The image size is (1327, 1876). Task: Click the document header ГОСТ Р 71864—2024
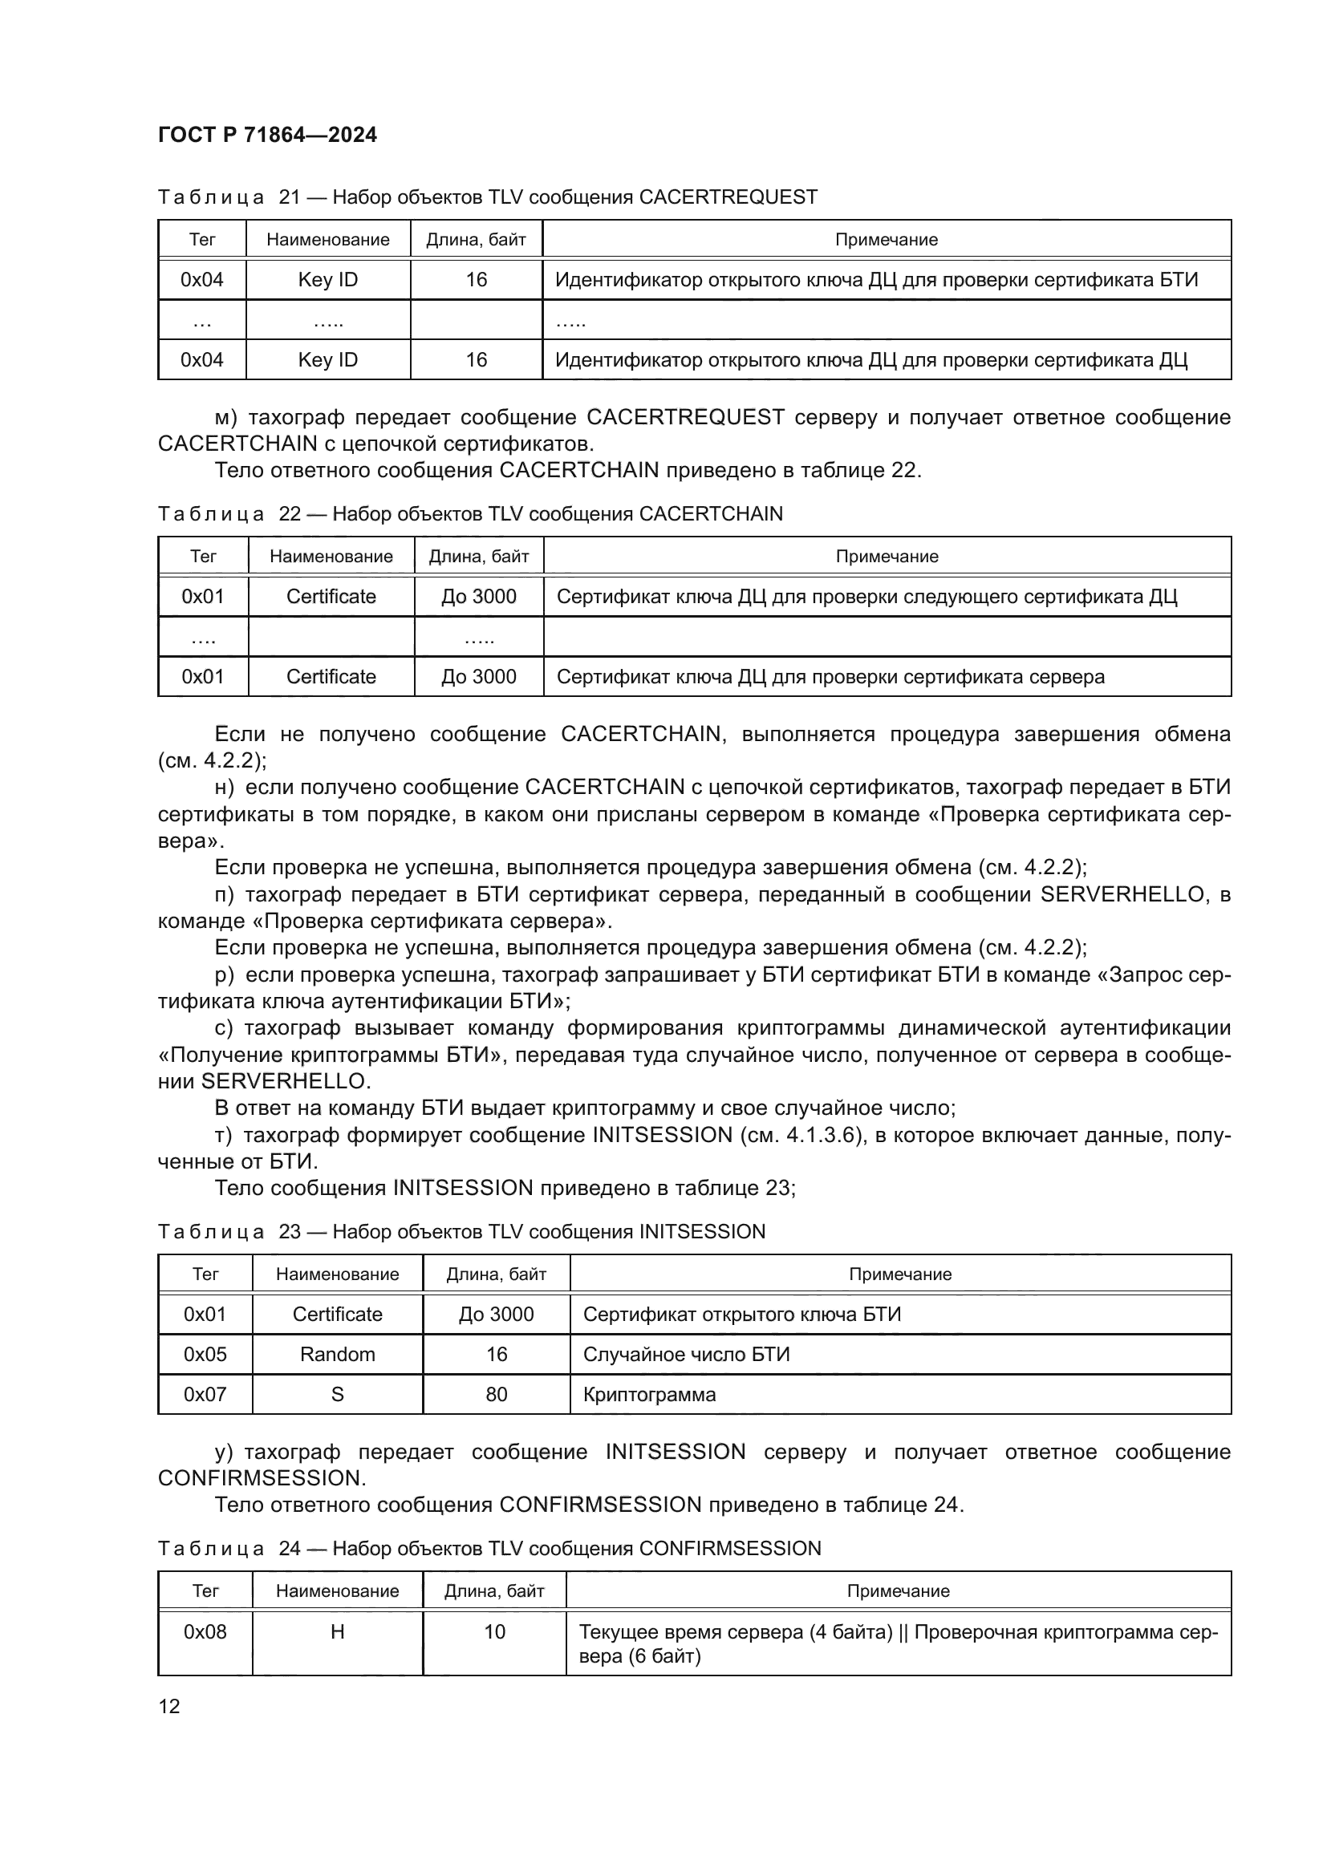(267, 135)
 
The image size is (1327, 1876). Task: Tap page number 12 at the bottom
(169, 1706)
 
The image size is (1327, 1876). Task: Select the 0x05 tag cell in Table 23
(205, 1354)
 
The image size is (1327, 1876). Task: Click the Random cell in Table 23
(337, 1354)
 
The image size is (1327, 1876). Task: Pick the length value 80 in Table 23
(496, 1394)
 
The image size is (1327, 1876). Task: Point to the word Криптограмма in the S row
(649, 1394)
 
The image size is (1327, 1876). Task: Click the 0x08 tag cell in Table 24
(205, 1631)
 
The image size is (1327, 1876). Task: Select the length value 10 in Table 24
(494, 1631)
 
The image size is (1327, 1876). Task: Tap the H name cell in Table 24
(337, 1631)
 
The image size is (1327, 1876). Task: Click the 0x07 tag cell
(205, 1394)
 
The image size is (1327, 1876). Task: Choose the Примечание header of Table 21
(886, 239)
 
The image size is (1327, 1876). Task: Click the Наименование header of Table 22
(331, 557)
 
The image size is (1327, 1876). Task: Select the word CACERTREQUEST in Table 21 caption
(727, 197)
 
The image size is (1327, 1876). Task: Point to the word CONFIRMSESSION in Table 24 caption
(729, 1548)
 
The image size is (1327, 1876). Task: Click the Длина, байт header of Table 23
(496, 1274)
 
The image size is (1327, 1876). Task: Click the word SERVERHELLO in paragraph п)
(1122, 895)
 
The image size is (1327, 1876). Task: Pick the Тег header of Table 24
(205, 1590)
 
